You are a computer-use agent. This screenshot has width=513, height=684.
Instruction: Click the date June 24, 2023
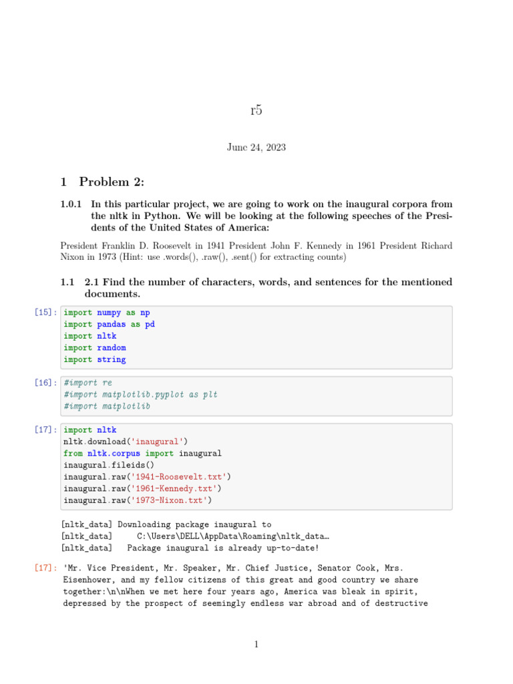256,147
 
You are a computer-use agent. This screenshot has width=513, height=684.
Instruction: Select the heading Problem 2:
112,182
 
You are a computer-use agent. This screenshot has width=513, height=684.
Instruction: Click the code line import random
95,348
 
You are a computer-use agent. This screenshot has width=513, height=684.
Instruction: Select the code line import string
95,359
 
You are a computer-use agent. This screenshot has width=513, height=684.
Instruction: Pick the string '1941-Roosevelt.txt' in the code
181,477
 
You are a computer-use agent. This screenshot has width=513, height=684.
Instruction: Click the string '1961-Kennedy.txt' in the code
176,488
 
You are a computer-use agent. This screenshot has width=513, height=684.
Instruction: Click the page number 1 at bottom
256,645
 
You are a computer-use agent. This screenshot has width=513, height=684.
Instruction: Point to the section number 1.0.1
71,204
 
